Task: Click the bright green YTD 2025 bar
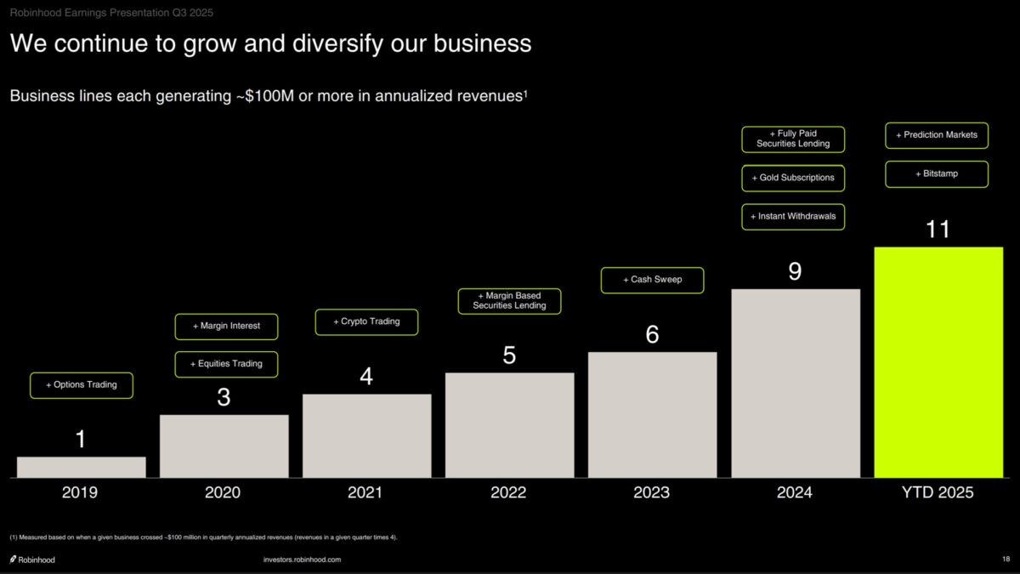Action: (x=938, y=362)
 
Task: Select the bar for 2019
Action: (x=82, y=467)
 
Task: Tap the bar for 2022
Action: (x=509, y=425)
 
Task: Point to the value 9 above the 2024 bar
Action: (x=795, y=271)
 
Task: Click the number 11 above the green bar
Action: (x=938, y=230)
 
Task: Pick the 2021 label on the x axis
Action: (x=365, y=492)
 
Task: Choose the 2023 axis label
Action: (x=652, y=492)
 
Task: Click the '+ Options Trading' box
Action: (x=82, y=385)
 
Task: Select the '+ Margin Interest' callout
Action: (x=226, y=327)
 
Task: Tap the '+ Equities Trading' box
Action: (x=226, y=364)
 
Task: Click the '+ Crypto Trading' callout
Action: (x=366, y=322)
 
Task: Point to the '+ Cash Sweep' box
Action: (x=652, y=280)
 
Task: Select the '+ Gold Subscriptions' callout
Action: (x=793, y=179)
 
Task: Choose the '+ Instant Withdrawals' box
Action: (x=793, y=217)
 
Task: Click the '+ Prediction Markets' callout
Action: (x=937, y=135)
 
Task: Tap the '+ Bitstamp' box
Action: (x=937, y=174)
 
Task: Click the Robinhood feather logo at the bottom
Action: (x=13, y=560)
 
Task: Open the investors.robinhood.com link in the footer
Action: (x=303, y=560)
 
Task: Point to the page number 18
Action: (x=1006, y=559)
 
